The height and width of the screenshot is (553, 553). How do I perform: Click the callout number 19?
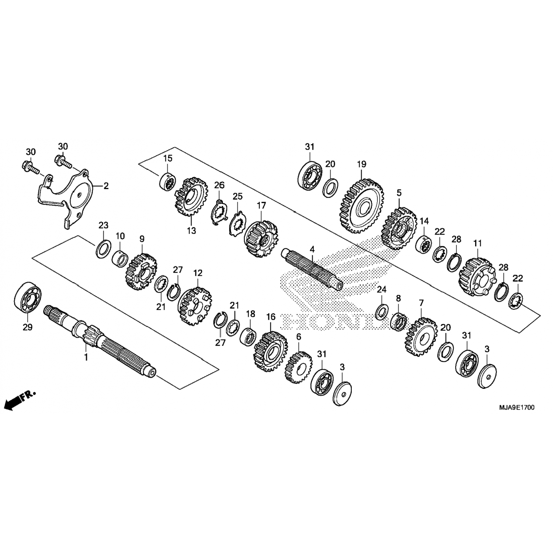pyautogui.click(x=361, y=164)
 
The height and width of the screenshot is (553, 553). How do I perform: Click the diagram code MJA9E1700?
pyautogui.click(x=517, y=407)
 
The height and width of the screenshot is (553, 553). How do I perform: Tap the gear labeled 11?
pyautogui.click(x=476, y=275)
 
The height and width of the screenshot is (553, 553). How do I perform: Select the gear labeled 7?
pyautogui.click(x=421, y=336)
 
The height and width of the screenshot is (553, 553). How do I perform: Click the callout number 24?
pyautogui.click(x=382, y=289)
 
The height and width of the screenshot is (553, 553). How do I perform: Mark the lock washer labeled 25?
pyautogui.click(x=236, y=224)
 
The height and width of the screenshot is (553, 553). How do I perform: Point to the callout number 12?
pyautogui.click(x=198, y=273)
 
